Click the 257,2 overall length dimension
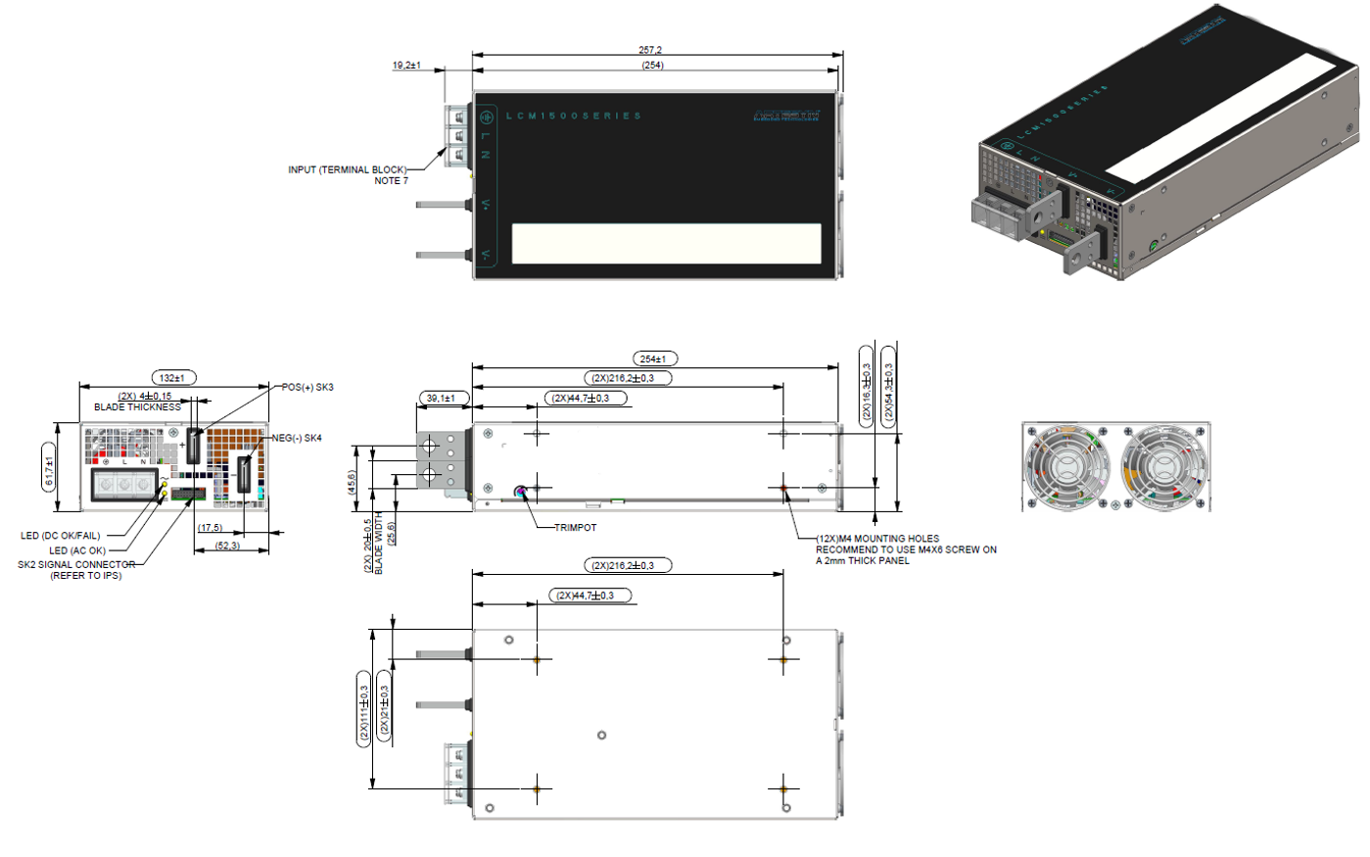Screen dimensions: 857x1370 652,50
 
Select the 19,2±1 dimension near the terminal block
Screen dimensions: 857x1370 406,66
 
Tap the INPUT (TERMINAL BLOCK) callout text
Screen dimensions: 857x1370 348,170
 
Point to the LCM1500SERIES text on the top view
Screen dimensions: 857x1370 574,117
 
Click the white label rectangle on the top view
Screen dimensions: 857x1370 666,244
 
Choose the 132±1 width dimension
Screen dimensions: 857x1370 172,377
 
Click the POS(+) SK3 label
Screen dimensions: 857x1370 307,387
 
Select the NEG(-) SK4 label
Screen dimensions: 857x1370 297,438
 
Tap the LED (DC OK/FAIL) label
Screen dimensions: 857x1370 61,536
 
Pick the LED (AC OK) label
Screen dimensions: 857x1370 77,550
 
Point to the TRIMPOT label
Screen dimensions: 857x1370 575,528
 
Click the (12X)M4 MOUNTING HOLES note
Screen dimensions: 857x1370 877,539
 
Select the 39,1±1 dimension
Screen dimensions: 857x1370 444,399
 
